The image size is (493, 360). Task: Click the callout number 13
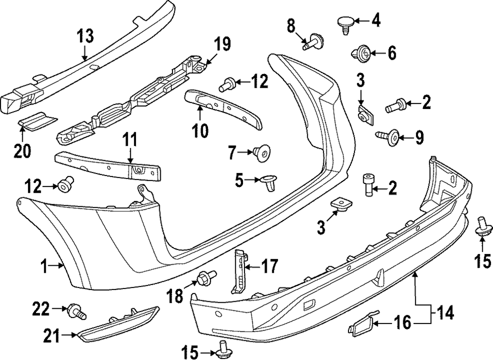[x=85, y=36]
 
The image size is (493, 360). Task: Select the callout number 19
[x=222, y=44]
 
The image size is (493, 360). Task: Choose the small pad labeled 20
[x=37, y=121]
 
